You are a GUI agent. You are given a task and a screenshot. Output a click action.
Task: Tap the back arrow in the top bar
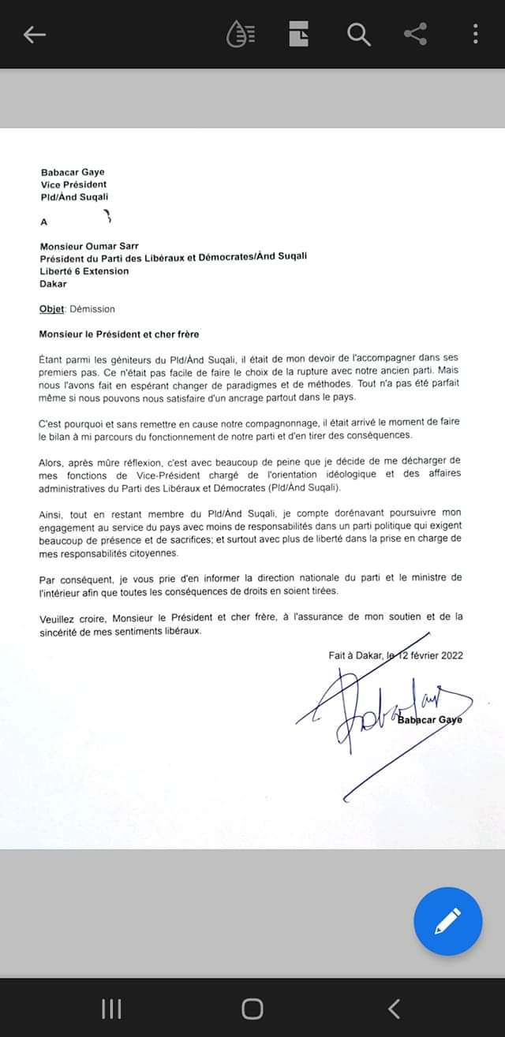coord(35,35)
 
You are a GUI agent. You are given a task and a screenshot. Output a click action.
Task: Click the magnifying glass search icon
coord(358,35)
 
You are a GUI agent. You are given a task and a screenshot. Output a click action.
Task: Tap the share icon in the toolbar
coord(415,34)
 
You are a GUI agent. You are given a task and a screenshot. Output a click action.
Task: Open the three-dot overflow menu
coord(475,34)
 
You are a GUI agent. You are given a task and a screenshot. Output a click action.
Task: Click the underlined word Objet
coord(52,309)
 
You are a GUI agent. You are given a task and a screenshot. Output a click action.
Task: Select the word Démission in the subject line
coord(92,309)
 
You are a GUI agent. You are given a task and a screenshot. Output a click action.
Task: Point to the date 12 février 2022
coord(431,655)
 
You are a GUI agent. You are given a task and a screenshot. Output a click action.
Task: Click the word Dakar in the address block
coord(54,284)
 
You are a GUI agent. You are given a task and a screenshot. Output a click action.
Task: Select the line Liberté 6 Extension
coord(84,271)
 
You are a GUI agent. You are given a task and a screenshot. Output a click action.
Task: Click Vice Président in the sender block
coord(73,185)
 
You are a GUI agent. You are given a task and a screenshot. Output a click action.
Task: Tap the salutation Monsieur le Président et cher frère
coord(119,334)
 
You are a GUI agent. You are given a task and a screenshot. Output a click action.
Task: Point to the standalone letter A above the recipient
coord(43,222)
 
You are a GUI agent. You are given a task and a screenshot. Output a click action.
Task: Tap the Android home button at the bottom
coord(252,1009)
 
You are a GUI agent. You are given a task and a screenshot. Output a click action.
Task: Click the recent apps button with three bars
coord(111,1009)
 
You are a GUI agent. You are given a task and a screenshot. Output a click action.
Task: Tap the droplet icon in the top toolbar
coord(241,35)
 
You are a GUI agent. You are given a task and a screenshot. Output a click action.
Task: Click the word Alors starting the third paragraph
coord(52,461)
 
